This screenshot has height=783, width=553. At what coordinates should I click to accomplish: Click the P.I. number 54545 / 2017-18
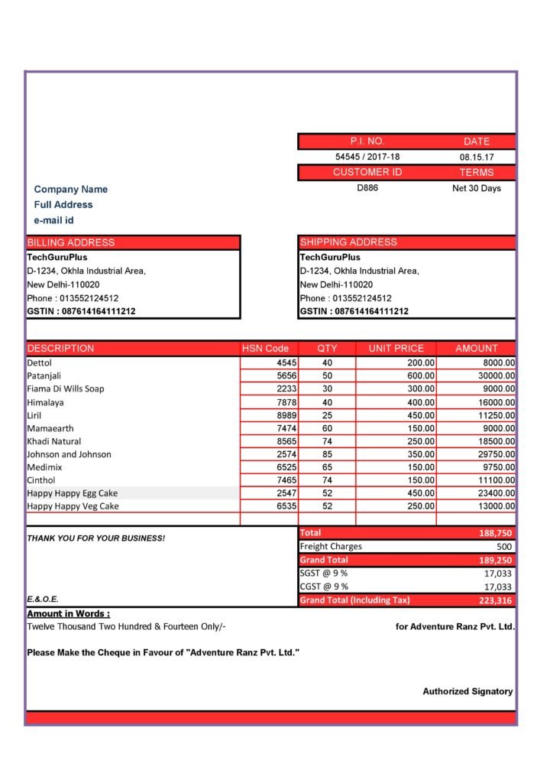[x=367, y=157]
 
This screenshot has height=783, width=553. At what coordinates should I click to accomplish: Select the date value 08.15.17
[x=477, y=157]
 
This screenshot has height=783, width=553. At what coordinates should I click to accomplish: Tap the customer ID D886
[x=367, y=188]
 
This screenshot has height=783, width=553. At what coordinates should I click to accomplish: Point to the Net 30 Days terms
[x=477, y=188]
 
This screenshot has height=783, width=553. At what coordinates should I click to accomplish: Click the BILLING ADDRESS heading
[x=71, y=242]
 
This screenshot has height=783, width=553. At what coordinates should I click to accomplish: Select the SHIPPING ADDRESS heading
[x=348, y=242]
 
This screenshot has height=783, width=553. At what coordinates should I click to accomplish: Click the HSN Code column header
[x=265, y=349]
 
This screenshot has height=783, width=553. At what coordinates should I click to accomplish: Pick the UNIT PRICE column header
[x=396, y=349]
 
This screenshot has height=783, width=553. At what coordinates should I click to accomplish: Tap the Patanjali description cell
[x=44, y=375]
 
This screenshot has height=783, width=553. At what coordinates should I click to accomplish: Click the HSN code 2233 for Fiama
[x=286, y=388]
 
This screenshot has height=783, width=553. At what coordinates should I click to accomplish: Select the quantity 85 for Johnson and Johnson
[x=328, y=454]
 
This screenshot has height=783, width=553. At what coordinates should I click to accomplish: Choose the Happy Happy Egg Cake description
[x=73, y=493]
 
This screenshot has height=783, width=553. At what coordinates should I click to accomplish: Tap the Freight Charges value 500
[x=504, y=547]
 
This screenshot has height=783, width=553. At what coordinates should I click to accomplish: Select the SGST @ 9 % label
[x=324, y=573]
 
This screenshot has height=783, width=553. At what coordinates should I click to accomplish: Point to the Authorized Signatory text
[x=467, y=691]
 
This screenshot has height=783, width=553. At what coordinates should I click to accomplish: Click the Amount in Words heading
[x=69, y=613]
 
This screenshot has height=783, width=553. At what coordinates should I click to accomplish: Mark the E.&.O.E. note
[x=43, y=599]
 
